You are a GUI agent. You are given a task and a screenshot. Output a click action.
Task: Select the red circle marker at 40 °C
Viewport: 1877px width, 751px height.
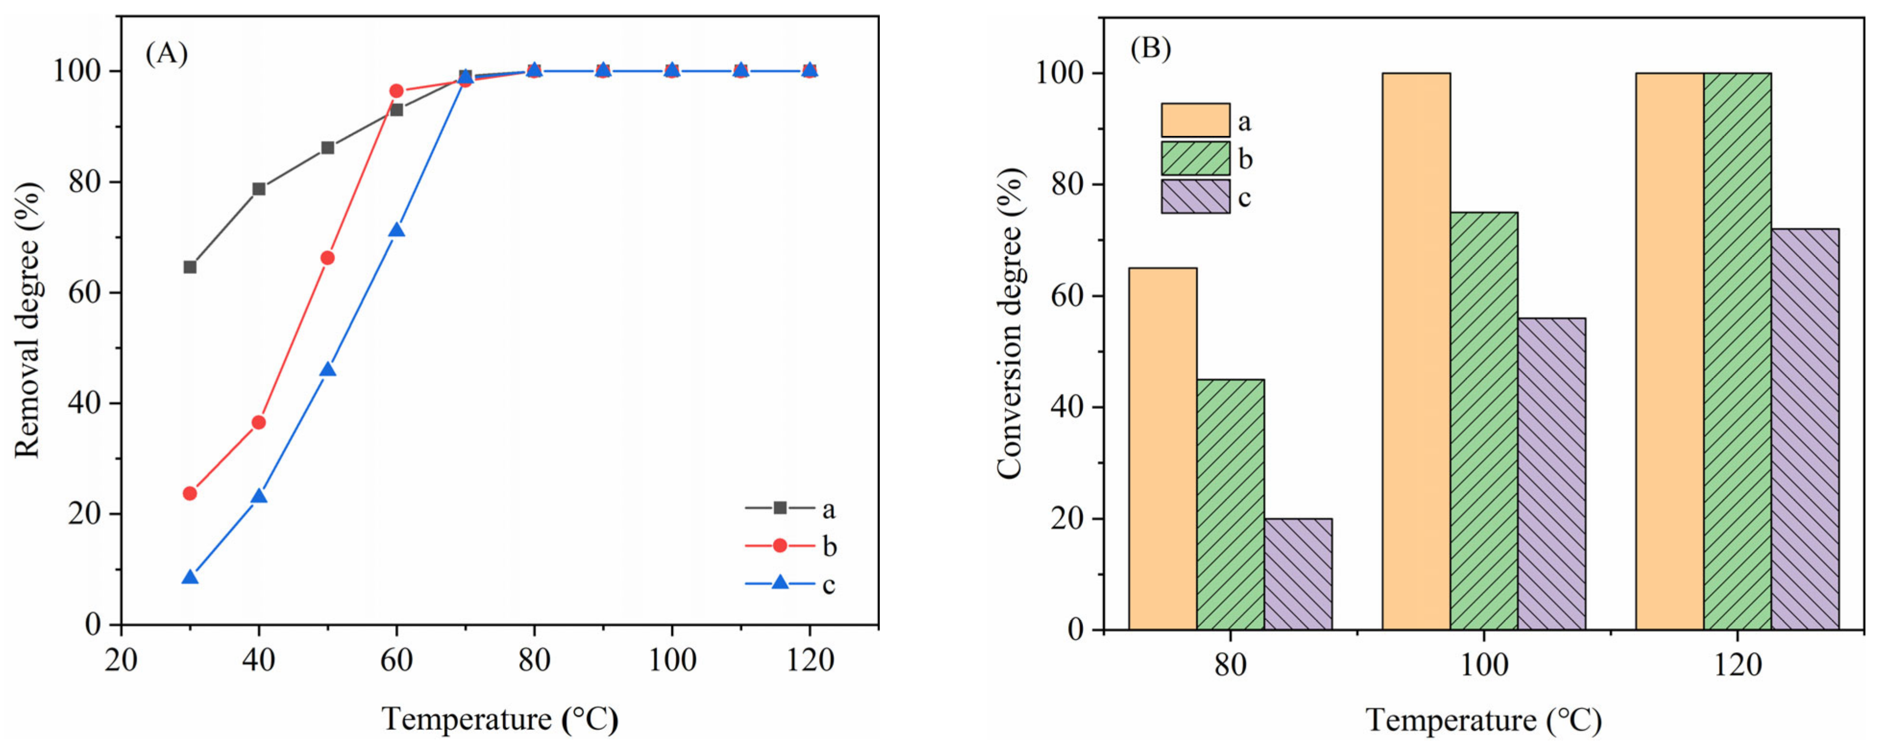point(259,423)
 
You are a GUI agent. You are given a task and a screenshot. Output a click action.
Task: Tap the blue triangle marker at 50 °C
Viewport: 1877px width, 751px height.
point(328,369)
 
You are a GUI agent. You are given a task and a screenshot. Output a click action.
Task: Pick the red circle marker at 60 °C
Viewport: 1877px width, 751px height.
point(396,91)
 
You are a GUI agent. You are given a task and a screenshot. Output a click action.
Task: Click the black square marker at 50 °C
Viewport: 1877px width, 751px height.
point(328,148)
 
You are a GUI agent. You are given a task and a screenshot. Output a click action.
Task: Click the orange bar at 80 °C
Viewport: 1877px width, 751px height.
point(1162,448)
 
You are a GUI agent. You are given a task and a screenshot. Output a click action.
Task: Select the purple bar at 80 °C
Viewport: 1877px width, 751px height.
point(1298,574)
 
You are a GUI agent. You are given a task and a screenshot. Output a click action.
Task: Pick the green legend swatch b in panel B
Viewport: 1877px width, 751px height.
point(1195,158)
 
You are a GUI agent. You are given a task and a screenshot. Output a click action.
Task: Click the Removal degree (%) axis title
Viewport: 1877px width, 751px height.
point(28,320)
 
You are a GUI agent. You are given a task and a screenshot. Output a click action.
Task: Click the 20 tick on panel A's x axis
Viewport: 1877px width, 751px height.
point(121,661)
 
